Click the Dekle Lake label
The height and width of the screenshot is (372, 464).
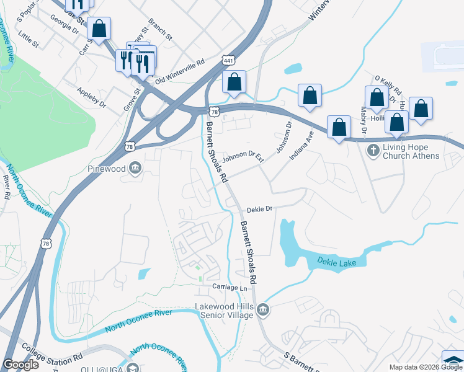pyautogui.click(x=337, y=263)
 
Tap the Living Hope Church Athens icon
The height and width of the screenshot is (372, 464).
pyautogui.click(x=373, y=150)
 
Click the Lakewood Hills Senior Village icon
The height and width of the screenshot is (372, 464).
pyautogui.click(x=263, y=309)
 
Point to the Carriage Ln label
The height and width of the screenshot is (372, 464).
pyautogui.click(x=230, y=288)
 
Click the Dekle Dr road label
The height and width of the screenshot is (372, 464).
pyautogui.click(x=261, y=210)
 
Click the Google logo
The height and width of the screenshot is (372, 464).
pyautogui.click(x=21, y=365)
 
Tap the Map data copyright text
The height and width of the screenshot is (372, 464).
pyautogui.click(x=425, y=367)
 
